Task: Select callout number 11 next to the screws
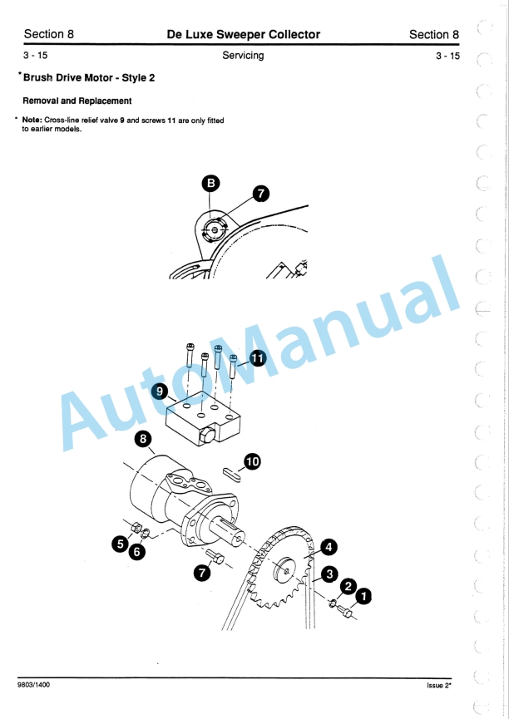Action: (x=259, y=358)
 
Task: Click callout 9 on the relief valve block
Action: (x=161, y=390)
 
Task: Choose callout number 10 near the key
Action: (x=252, y=461)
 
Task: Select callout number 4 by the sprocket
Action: (x=329, y=547)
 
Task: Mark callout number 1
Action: (x=364, y=596)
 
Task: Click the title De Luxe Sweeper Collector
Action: (x=243, y=34)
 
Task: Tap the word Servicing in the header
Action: (x=243, y=56)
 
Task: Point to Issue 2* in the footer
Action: (x=432, y=685)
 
